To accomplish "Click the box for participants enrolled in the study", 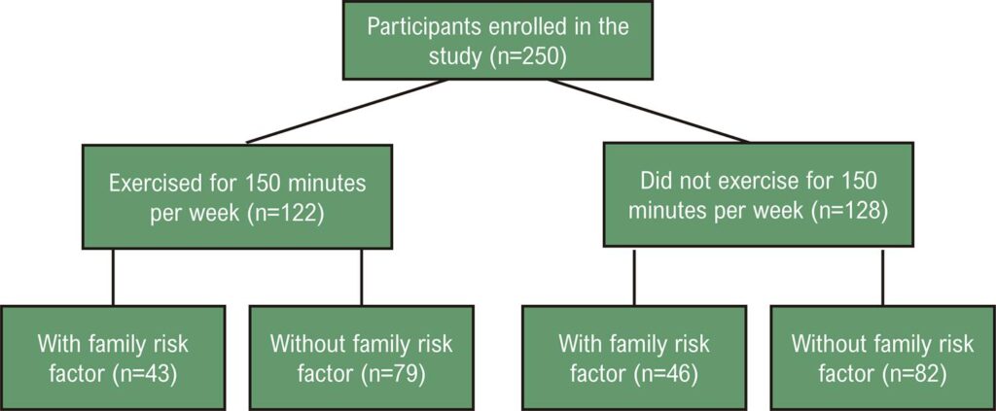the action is pyautogui.click(x=498, y=40).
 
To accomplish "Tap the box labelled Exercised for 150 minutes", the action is pyautogui.click(x=237, y=196).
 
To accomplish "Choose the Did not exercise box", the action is pyautogui.click(x=759, y=194).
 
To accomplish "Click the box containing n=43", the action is pyautogui.click(x=113, y=358).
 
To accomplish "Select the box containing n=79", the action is pyautogui.click(x=362, y=358).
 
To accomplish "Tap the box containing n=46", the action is pyautogui.click(x=634, y=358).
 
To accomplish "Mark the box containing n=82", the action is pyautogui.click(x=883, y=358).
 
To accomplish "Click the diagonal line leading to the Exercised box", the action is pyautogui.click(x=347, y=112).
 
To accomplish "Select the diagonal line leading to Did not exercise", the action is pyautogui.click(x=649, y=111).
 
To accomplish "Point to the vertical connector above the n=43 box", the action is pyautogui.click(x=113, y=277).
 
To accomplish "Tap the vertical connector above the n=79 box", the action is pyautogui.click(x=362, y=277).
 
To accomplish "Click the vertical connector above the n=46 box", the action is pyautogui.click(x=634, y=276).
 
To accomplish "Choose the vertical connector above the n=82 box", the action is pyautogui.click(x=883, y=276).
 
